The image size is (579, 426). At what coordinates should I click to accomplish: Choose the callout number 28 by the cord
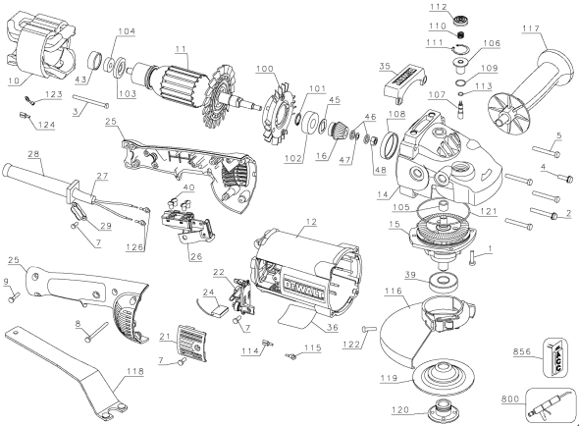point(32,155)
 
